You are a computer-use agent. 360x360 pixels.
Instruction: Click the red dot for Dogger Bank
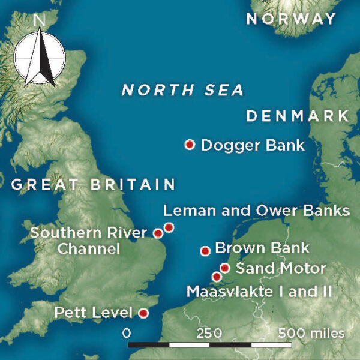[190, 145]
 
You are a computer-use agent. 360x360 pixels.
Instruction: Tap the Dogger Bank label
[253, 145]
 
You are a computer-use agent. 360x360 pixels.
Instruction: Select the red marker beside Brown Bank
[205, 251]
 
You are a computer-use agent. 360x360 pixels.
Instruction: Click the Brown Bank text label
[262, 248]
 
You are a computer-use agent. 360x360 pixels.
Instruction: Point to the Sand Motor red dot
[225, 268]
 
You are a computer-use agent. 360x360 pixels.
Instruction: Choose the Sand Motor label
[281, 268]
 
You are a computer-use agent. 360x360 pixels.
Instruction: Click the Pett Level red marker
[143, 313]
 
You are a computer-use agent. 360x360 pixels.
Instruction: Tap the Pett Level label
[93, 313]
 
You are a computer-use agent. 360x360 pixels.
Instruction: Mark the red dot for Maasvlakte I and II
[217, 277]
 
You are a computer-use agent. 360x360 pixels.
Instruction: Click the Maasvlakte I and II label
[259, 292]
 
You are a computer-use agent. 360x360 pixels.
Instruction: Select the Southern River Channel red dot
[158, 233]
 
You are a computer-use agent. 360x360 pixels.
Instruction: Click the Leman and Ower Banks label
[256, 211]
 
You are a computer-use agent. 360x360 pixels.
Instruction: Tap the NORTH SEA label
[182, 91]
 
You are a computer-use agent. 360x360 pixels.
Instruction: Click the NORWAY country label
[292, 19]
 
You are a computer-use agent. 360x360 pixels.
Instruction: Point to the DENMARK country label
[298, 116]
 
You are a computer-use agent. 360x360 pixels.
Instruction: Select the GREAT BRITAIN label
[93, 184]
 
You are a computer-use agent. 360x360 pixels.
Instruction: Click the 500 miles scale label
[311, 333]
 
